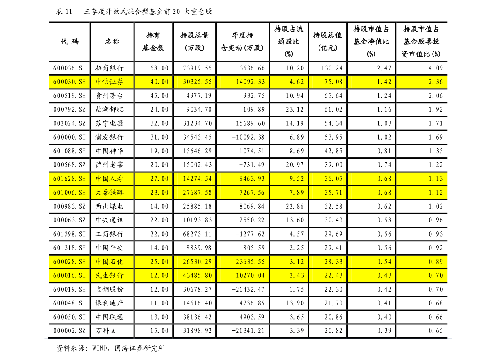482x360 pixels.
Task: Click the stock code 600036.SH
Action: pyautogui.click(x=70, y=68)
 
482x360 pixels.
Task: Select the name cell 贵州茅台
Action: pyautogui.click(x=109, y=95)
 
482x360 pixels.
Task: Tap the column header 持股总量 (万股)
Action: pyautogui.click(x=195, y=42)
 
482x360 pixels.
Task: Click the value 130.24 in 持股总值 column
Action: pyautogui.click(x=332, y=68)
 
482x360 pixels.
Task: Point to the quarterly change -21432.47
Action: pyautogui.click(x=248, y=289)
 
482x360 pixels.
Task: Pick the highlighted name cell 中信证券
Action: pyautogui.click(x=109, y=82)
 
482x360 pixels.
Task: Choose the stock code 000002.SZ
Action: pyautogui.click(x=70, y=331)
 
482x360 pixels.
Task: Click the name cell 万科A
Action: pyautogui.click(x=105, y=331)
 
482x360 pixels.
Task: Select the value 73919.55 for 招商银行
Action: pyautogui.click(x=197, y=68)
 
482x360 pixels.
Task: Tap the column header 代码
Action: pyautogui.click(x=70, y=42)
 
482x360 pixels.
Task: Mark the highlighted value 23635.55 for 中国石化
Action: pyautogui.click(x=250, y=262)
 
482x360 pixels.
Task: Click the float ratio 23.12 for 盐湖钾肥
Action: pyautogui.click(x=295, y=109)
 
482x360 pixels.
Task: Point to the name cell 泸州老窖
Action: pyautogui.click(x=109, y=165)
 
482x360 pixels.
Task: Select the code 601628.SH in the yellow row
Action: pyautogui.click(x=70, y=179)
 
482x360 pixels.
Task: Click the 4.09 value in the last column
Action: pyautogui.click(x=435, y=68)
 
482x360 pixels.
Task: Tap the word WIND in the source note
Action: pyautogui.click(x=100, y=348)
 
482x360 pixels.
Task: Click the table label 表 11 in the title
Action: pyautogui.click(x=64, y=12)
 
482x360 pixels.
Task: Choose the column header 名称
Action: pyautogui.click(x=112, y=42)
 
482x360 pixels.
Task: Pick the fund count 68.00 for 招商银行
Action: pyautogui.click(x=159, y=68)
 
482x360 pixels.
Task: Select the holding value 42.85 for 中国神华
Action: pyautogui.click(x=333, y=151)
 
